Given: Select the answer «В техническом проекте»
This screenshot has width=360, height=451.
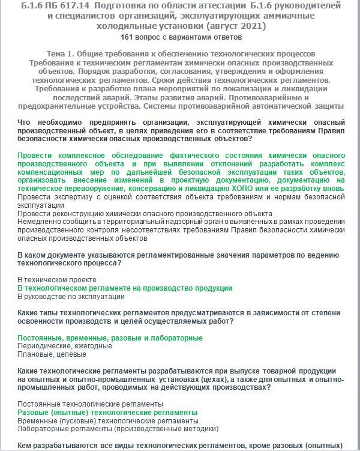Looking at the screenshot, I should tap(57, 280).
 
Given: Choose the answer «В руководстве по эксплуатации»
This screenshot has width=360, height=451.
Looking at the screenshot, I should tap(71, 297).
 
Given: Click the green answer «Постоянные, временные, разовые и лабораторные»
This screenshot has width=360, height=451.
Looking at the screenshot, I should tap(110, 338).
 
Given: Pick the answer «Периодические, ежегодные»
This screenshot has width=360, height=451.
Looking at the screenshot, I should tap(65, 347).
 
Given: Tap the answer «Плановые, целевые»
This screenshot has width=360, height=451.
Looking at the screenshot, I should tap(52, 355).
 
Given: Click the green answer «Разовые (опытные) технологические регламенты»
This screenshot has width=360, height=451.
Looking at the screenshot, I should tap(107, 413).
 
